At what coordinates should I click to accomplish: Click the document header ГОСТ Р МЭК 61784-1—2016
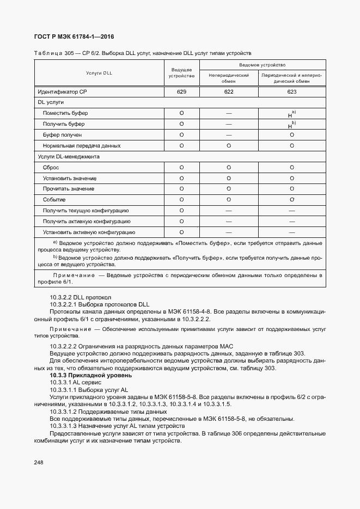point(75,37)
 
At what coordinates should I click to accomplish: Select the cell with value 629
point(181,92)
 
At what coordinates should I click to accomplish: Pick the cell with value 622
point(228,92)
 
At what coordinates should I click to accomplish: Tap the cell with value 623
point(291,92)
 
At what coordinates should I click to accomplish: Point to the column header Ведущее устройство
point(181,73)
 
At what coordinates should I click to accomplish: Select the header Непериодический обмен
point(228,78)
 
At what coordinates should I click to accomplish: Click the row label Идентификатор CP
point(62,92)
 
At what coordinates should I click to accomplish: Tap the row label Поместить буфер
point(65,113)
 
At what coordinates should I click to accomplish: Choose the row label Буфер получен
point(62,134)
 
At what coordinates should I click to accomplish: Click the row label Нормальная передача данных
point(81,145)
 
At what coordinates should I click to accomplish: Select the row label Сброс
point(51,168)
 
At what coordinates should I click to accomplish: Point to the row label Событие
point(54,200)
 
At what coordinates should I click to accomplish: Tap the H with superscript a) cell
point(291,114)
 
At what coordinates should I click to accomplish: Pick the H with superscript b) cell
point(291,125)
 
